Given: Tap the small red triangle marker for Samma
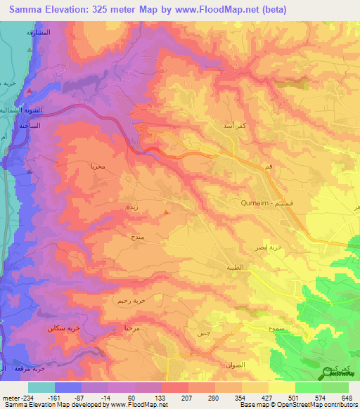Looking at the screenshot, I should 166,211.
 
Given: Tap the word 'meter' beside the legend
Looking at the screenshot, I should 10,397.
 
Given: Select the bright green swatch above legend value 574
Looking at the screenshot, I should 308,387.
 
